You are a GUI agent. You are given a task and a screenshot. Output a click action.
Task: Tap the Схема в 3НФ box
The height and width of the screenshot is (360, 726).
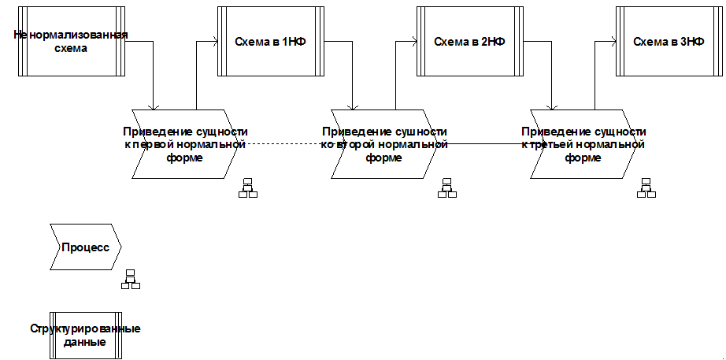(669, 42)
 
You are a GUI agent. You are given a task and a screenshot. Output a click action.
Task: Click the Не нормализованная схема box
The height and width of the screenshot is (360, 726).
(71, 42)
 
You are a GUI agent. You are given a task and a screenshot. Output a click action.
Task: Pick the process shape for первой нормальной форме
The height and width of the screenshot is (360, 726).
(186, 144)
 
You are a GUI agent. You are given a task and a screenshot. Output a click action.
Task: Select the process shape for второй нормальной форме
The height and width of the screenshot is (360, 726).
(385, 144)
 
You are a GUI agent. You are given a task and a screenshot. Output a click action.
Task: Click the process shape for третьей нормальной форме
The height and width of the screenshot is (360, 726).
(584, 144)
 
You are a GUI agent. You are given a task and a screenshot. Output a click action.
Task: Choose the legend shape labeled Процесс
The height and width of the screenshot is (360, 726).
(85, 247)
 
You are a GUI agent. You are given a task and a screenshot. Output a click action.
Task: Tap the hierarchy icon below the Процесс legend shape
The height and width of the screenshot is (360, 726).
(130, 279)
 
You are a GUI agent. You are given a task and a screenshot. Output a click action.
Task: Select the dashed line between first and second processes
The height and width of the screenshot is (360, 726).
(283, 143)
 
